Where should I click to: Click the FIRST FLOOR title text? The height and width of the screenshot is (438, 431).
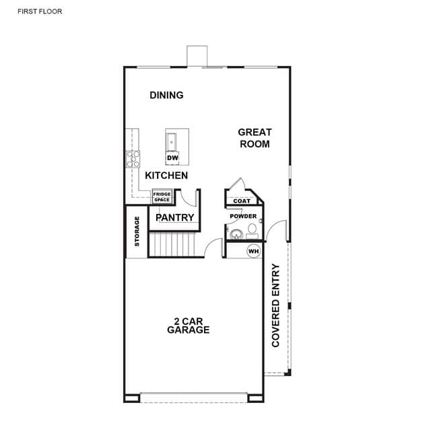click(40, 11)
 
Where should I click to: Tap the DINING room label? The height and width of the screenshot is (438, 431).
click(166, 96)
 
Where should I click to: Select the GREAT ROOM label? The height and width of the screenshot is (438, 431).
click(255, 138)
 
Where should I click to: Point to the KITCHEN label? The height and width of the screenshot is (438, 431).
click(166, 176)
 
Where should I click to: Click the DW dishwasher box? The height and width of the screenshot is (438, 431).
click(172, 158)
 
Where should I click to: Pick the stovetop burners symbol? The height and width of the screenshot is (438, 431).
click(133, 159)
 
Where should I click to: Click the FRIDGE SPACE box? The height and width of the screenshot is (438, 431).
click(162, 197)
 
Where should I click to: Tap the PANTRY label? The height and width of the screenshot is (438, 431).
click(174, 217)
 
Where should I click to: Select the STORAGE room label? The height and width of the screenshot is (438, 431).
click(137, 231)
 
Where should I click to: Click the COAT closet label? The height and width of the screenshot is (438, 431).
click(242, 201)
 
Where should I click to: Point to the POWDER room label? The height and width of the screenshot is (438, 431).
click(243, 216)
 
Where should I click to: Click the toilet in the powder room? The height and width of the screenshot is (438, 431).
click(252, 231)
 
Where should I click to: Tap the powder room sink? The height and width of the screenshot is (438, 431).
click(236, 234)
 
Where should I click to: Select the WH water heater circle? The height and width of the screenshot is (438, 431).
click(253, 251)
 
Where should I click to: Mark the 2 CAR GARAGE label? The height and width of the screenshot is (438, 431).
click(189, 326)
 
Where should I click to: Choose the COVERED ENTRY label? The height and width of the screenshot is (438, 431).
click(276, 305)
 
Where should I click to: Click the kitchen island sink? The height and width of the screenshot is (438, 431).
click(171, 142)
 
